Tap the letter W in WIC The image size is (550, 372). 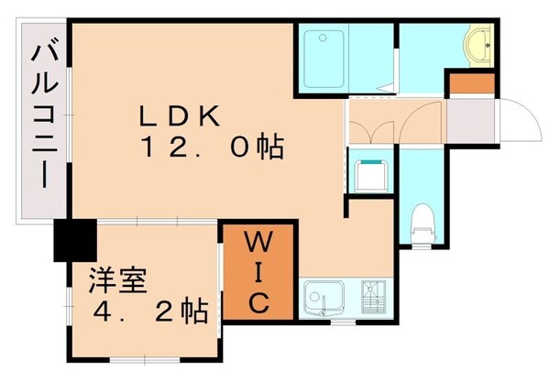pyautogui.click(x=258, y=245)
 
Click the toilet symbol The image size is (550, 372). pyautogui.click(x=422, y=219)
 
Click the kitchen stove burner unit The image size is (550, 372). pyautogui.click(x=375, y=297)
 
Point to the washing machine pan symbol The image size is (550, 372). pyautogui.click(x=371, y=171)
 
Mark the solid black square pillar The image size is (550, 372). pyautogui.click(x=74, y=242)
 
